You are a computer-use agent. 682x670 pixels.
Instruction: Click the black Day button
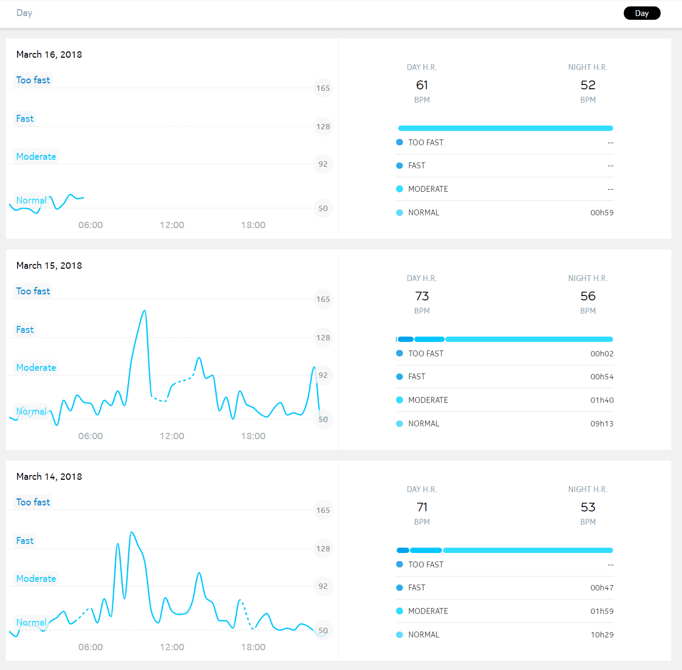(641, 13)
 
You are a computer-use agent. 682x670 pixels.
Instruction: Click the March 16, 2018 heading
(49, 54)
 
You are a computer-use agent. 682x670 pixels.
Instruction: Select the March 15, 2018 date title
(49, 266)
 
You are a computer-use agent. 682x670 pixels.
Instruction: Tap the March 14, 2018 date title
(49, 477)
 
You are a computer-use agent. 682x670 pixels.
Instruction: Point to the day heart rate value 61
(422, 85)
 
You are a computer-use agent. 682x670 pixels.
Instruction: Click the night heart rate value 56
(587, 296)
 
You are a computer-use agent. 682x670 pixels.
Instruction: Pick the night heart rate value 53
(587, 507)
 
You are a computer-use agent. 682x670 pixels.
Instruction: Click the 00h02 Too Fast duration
(602, 354)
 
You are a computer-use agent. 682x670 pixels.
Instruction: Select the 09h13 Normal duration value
(602, 424)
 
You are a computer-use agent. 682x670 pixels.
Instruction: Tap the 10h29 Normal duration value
(602, 635)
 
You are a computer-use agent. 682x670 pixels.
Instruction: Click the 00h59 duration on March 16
(602, 213)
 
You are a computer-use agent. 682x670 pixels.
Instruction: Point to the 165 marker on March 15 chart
(323, 299)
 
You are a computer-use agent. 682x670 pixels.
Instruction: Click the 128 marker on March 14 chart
(323, 549)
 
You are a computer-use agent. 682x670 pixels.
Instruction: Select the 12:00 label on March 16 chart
(172, 225)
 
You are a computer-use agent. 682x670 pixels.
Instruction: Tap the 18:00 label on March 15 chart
(253, 436)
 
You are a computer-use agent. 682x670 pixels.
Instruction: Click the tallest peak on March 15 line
(144, 310)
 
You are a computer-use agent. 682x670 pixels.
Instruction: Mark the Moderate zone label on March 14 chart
(36, 579)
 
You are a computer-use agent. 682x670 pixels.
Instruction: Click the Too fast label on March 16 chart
(33, 80)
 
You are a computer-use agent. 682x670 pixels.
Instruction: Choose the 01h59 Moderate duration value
(602, 611)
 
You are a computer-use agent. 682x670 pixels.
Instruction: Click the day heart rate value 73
(422, 296)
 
